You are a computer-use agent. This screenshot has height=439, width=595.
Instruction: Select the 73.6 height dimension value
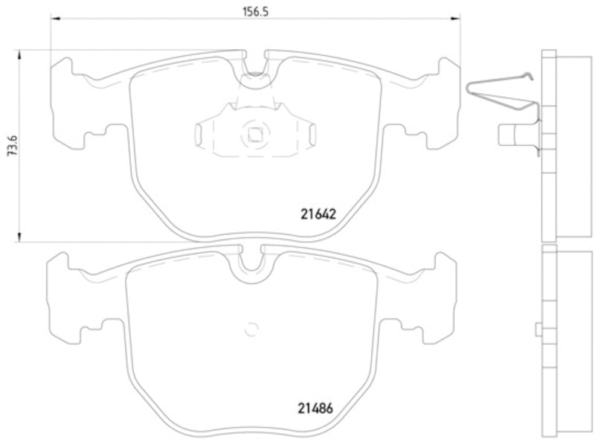coord(8,146)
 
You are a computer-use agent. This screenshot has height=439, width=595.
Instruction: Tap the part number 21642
coord(319,213)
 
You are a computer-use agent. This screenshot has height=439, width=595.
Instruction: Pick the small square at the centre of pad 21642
coord(254,135)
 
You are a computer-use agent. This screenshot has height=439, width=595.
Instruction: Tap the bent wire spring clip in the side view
coord(500,92)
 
